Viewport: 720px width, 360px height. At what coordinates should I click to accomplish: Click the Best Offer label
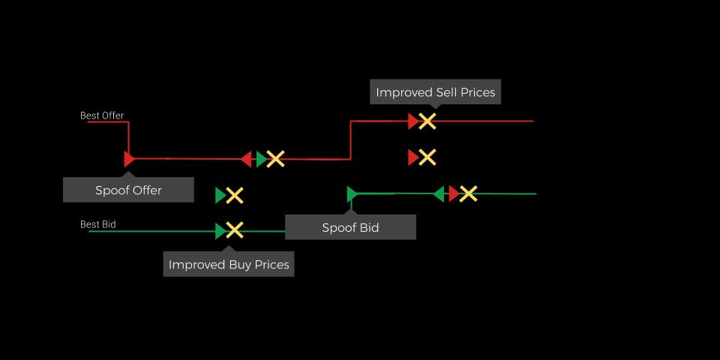pos(102,115)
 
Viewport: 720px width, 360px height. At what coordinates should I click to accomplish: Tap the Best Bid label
pos(97,224)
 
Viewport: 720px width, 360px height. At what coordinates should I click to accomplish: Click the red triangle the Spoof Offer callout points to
pos(129,159)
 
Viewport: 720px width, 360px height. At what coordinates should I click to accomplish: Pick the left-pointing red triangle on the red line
pos(246,159)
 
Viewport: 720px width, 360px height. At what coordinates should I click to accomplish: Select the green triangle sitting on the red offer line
pos(262,159)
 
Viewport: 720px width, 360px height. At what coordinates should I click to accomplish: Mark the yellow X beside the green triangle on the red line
pos(275,159)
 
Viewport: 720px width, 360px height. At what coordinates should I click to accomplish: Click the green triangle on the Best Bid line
pos(220,231)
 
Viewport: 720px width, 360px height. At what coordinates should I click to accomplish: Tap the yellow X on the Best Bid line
pos(234,230)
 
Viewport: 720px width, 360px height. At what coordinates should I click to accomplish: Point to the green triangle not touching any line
pos(220,196)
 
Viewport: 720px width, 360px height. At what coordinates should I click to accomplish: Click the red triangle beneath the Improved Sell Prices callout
pos(414,121)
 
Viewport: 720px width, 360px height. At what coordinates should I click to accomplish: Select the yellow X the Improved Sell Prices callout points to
pos(427,121)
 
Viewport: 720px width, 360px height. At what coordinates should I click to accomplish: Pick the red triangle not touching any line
pos(414,157)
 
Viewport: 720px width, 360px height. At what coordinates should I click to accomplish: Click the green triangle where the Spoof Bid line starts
pos(352,193)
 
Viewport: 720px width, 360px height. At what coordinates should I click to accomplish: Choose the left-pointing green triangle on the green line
pos(439,193)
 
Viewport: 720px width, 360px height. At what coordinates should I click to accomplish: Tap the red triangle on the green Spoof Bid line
pos(454,193)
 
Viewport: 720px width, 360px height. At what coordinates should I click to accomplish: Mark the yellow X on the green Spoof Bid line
pos(468,193)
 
